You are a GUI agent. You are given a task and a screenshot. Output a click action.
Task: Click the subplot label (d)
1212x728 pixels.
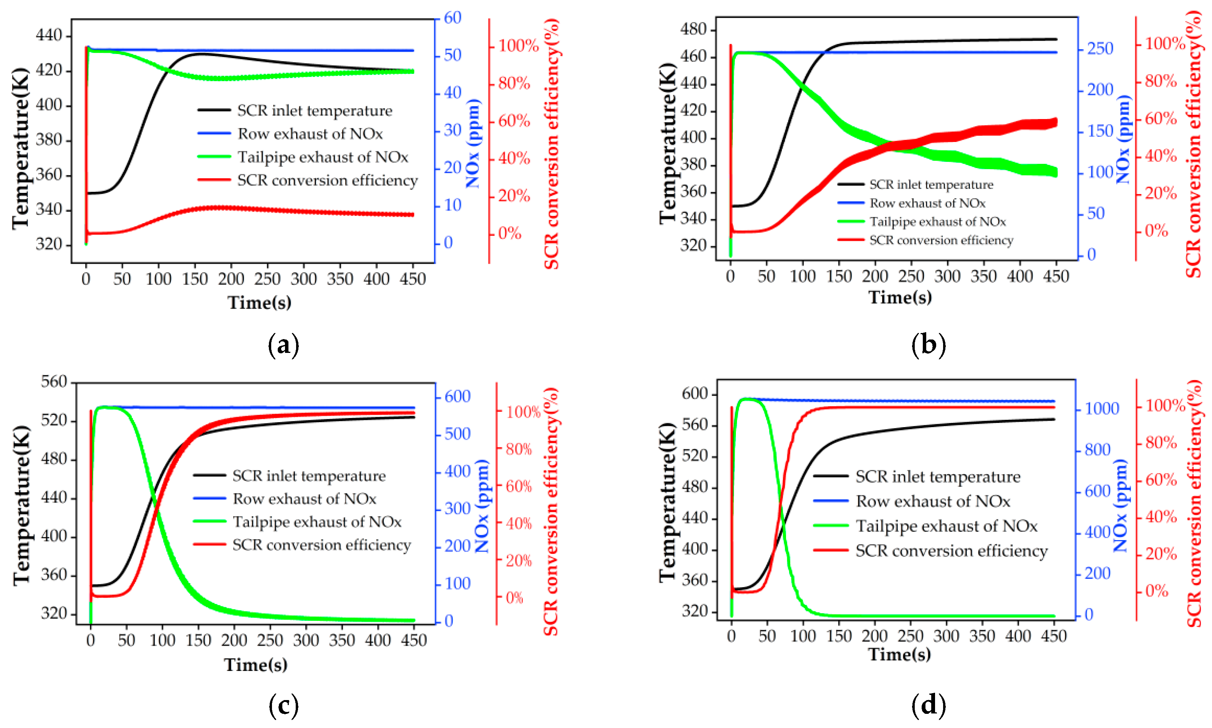[x=928, y=705]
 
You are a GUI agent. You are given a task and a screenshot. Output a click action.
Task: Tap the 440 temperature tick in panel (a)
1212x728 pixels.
[x=49, y=35]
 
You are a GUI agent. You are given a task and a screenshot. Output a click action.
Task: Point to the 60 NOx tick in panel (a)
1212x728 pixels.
[x=452, y=18]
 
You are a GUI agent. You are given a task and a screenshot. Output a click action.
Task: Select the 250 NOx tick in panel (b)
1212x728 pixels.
[x=1100, y=49]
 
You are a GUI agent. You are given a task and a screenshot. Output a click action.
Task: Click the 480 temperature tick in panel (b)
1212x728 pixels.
[x=693, y=29]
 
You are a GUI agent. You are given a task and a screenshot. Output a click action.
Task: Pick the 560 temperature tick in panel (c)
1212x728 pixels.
[x=54, y=381]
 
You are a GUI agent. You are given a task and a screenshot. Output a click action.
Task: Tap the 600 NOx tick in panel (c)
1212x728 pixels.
[x=457, y=397]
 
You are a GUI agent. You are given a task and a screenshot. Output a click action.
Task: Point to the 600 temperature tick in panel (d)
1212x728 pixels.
[x=694, y=393]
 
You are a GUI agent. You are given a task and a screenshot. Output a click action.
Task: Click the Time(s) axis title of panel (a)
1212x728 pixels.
[x=259, y=302]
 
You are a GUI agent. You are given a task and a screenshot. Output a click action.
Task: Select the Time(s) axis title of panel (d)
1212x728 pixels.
[x=899, y=654]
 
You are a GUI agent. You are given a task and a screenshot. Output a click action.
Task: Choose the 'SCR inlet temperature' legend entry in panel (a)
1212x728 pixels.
[x=314, y=110]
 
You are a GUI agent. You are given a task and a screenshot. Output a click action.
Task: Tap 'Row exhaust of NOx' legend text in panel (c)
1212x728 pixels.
[x=305, y=499]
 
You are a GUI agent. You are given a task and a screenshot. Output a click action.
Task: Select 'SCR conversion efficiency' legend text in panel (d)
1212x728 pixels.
[x=952, y=550]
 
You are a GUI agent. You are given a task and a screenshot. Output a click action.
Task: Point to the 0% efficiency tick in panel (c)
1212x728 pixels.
[x=514, y=597]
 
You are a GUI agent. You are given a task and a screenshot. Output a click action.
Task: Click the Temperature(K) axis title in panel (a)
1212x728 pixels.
[x=21, y=147]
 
